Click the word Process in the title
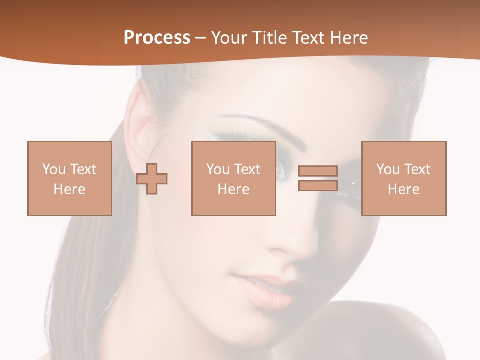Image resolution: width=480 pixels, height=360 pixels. click(x=157, y=38)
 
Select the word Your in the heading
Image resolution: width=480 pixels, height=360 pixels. click(x=228, y=38)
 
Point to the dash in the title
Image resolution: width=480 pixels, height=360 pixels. click(x=201, y=38)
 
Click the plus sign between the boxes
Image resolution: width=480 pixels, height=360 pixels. click(x=152, y=178)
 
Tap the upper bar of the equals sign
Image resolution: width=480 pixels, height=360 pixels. click(x=318, y=171)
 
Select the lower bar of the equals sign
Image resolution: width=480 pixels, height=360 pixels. click(x=318, y=185)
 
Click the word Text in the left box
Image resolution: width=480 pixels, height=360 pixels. click(x=83, y=169)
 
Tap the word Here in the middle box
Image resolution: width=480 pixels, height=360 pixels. click(x=233, y=189)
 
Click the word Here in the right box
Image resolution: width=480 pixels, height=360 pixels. click(x=403, y=189)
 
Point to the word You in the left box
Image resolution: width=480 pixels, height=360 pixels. click(x=54, y=169)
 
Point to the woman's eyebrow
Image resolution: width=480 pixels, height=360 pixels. click(x=260, y=125)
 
